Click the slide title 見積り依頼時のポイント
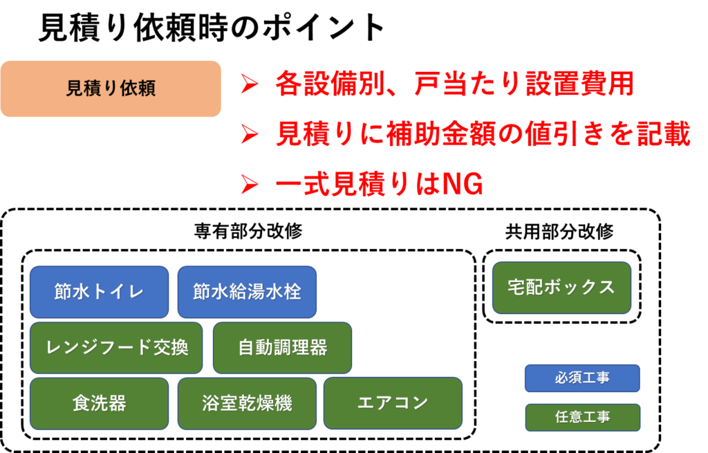click(x=212, y=28)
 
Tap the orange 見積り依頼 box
click(x=111, y=89)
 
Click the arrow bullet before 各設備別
click(x=250, y=84)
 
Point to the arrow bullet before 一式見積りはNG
click(x=250, y=184)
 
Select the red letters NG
click(x=463, y=184)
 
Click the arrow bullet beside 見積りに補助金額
click(x=250, y=134)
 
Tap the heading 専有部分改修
click(x=248, y=231)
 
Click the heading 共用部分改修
click(x=559, y=231)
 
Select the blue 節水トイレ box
click(x=100, y=292)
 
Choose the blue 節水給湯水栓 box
click(x=247, y=292)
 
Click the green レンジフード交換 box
click(x=116, y=348)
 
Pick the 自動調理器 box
click(x=282, y=348)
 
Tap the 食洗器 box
click(x=100, y=403)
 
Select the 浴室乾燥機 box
click(x=247, y=403)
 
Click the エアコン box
click(x=393, y=403)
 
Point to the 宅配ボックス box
click(x=561, y=288)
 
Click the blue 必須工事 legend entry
click(x=582, y=378)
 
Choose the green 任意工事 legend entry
click(x=582, y=417)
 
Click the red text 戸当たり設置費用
click(x=524, y=84)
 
